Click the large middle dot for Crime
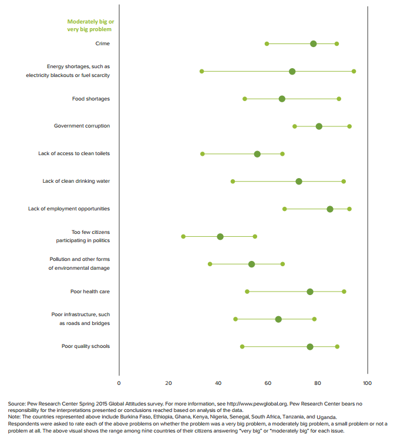click(x=314, y=44)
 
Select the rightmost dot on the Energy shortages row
click(x=353, y=71)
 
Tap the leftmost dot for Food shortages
click(x=245, y=99)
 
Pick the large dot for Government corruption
click(x=319, y=126)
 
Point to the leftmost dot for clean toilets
click(x=203, y=154)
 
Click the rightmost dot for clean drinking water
click(x=344, y=182)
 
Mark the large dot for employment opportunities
click(x=330, y=209)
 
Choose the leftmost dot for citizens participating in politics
click(x=183, y=236)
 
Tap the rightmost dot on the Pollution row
click(x=282, y=264)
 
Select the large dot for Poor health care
click(x=310, y=291)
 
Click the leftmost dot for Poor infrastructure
click(x=235, y=319)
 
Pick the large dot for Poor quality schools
click(x=310, y=347)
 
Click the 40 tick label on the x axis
click(x=218, y=383)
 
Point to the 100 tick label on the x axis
click(x=368, y=383)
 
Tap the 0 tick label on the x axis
click(x=119, y=383)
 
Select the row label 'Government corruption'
click(x=82, y=126)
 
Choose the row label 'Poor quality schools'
click(x=86, y=347)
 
